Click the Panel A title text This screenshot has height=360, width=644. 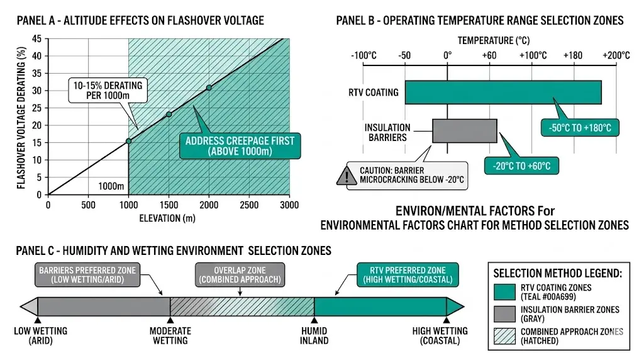140,21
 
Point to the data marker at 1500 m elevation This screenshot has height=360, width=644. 169,115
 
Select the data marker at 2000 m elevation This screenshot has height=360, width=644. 209,87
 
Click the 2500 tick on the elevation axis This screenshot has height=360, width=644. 249,205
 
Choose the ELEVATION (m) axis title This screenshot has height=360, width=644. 169,219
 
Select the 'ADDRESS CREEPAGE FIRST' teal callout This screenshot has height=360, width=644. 239,146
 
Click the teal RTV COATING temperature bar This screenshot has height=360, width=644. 503,92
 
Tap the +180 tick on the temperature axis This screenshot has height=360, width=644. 574,55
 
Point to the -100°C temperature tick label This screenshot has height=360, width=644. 364,55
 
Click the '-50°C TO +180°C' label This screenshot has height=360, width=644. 579,128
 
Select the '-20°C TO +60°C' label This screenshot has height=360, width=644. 521,166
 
